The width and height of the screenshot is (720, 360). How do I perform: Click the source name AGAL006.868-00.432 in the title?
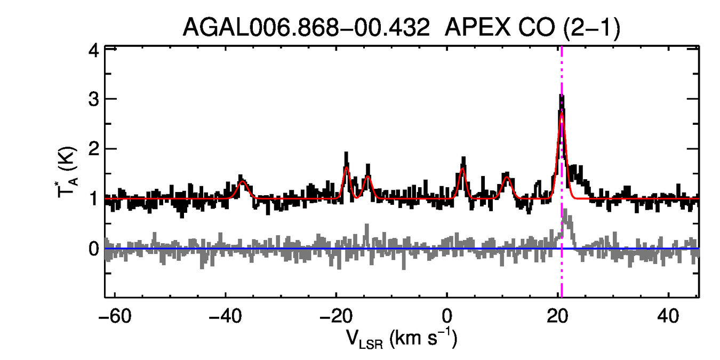306,27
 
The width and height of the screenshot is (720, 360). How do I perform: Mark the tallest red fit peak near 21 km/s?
562,113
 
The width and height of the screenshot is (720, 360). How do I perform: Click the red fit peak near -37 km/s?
243,181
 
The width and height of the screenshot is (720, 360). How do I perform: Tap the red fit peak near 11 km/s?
507,178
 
